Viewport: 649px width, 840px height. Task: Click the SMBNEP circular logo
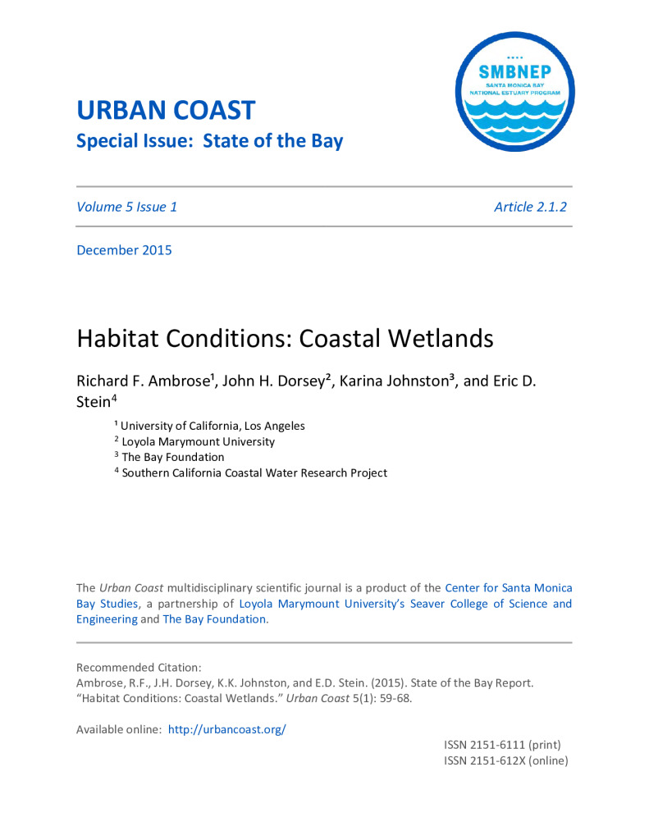[514, 91]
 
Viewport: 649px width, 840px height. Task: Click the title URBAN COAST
[166, 110]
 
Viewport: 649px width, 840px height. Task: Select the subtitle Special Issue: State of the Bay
[209, 141]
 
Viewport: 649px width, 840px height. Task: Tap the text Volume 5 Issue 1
[126, 207]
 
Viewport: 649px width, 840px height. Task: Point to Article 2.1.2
[530, 207]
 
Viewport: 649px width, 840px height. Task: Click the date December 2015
[124, 250]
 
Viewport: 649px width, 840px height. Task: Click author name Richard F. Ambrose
[144, 381]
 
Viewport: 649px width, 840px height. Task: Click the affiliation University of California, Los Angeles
[213, 426]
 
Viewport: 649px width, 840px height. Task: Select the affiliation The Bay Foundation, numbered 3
[172, 457]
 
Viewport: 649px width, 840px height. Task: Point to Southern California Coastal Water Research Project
[254, 472]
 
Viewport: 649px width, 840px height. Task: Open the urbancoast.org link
[226, 729]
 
